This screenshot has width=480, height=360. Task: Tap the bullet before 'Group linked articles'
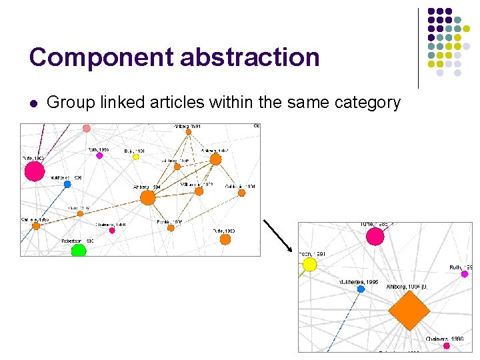[33, 103]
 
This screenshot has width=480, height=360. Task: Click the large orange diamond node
[408, 311]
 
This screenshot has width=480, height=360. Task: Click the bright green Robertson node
[79, 251]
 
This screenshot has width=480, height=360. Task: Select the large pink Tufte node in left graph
[35, 171]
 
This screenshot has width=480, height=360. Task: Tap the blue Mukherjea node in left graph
[67, 184]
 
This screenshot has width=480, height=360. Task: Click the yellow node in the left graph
[135, 157]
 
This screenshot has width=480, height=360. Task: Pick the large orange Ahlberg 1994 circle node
[148, 197]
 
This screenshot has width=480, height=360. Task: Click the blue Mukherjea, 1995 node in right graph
[361, 289]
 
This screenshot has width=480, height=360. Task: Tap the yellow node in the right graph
[309, 265]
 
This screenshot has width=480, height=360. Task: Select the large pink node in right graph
[375, 237]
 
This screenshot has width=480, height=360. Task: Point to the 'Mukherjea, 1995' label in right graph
[358, 282]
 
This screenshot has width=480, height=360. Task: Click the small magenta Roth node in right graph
[465, 274]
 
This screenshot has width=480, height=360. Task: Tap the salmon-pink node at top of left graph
[86, 128]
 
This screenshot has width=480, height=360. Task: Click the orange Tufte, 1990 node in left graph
[225, 238]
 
